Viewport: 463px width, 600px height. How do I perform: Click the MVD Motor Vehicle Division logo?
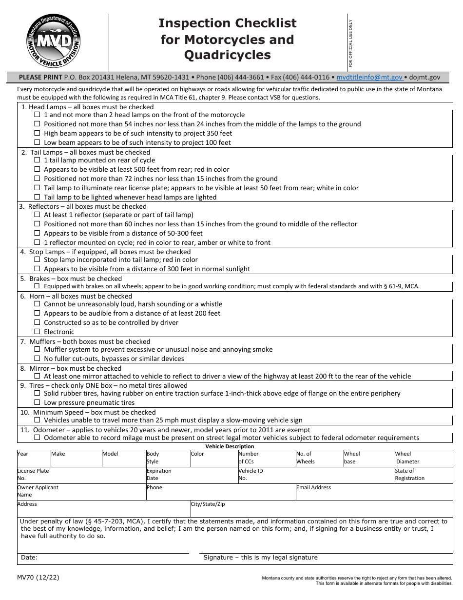(54, 41)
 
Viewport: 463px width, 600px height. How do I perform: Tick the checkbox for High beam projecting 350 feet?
(37, 133)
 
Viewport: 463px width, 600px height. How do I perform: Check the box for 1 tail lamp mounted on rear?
(37, 160)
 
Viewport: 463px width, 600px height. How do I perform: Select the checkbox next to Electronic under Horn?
(37, 332)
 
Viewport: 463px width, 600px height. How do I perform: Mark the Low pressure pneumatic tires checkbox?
(37, 402)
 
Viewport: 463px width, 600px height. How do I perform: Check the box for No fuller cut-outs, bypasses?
(37, 359)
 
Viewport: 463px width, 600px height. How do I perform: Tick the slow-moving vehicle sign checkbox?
(37, 420)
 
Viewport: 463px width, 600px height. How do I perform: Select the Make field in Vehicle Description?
(76, 459)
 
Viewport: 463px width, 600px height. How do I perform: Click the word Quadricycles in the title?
(227, 55)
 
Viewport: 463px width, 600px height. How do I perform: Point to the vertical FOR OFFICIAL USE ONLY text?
(350, 43)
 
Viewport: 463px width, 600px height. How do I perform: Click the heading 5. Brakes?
(35, 279)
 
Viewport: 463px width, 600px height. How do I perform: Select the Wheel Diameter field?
(423, 459)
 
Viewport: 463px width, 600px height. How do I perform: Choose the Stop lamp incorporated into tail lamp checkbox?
(37, 260)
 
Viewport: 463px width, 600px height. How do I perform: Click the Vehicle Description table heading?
(230, 446)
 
